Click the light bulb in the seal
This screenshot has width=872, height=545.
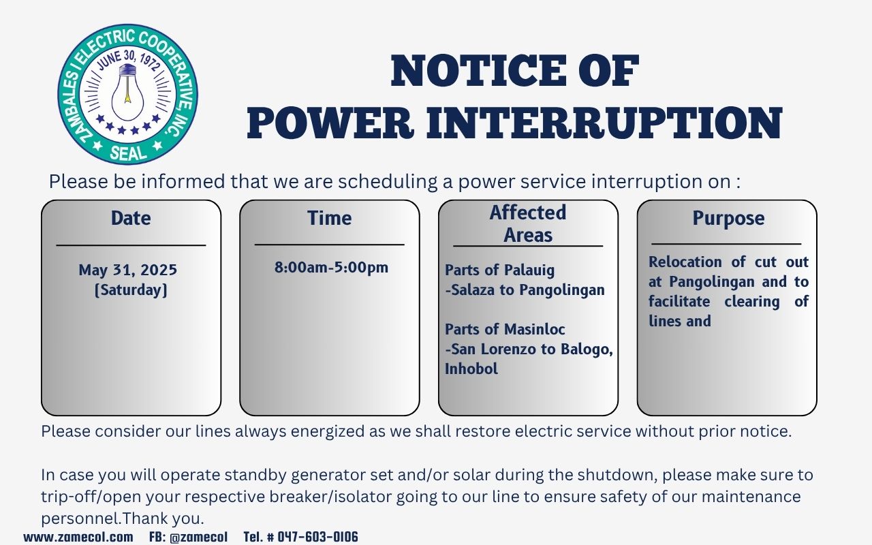click(127, 92)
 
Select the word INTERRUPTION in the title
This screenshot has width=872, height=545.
click(604, 123)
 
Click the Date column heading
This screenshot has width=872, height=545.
click(131, 218)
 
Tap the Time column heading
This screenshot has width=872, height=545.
click(329, 218)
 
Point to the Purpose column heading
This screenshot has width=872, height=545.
click(728, 219)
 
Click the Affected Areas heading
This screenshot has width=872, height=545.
click(528, 224)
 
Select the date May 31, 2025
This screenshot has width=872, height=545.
click(127, 270)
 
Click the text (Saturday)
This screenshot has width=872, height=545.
click(131, 290)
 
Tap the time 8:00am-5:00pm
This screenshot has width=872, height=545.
click(331, 268)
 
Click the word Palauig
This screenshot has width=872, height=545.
click(529, 270)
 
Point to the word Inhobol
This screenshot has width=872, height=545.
click(471, 369)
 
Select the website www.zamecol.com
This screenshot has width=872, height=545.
click(78, 538)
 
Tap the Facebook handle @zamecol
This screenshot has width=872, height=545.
click(198, 538)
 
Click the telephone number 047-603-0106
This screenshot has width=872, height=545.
click(317, 538)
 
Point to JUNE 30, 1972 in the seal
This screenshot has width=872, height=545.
click(127, 61)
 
